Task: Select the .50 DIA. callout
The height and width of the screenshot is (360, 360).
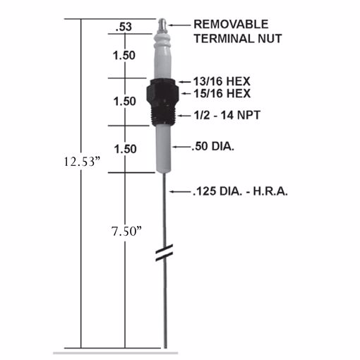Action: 212,148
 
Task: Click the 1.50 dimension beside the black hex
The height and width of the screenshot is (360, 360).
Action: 124,101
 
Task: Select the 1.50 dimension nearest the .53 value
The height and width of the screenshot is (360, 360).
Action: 124,55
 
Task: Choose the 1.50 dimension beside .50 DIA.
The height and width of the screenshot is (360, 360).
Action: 124,148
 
